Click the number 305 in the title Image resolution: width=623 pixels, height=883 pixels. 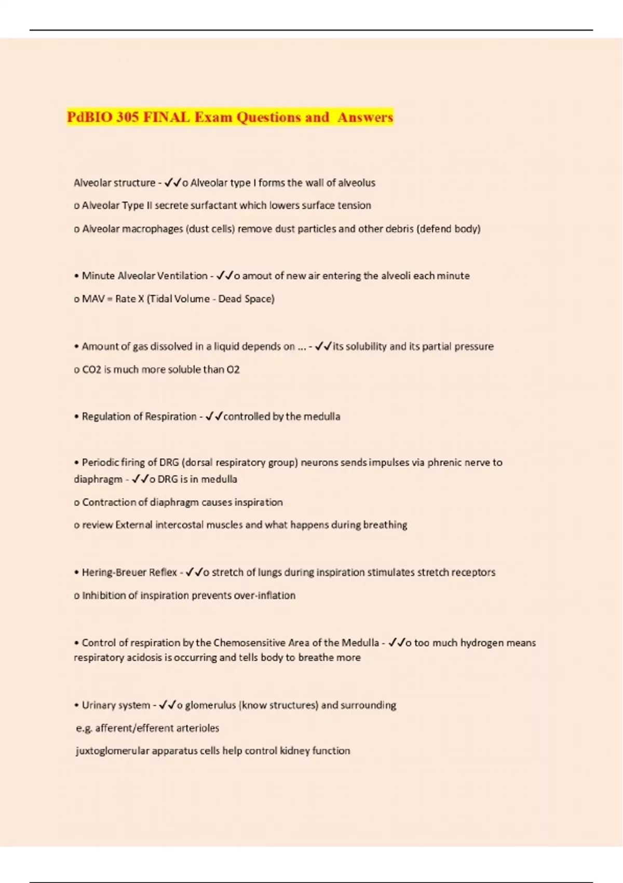[x=127, y=117]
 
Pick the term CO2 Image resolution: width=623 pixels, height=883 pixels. [x=91, y=369]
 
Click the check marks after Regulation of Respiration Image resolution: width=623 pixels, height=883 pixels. [x=214, y=416]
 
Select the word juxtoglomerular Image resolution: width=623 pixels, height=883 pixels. [x=112, y=751]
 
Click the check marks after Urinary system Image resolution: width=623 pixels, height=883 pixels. [x=167, y=705]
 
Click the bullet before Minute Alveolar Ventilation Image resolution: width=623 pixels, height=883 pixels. [x=76, y=276]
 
